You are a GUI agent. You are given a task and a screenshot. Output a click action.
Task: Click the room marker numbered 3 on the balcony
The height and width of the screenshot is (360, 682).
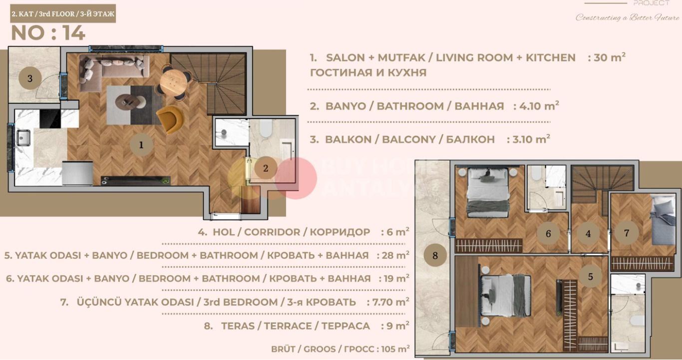30,78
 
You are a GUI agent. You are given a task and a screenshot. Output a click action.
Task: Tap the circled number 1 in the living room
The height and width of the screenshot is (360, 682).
141,145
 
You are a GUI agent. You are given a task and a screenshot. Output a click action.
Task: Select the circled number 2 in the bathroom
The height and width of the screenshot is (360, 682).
266,168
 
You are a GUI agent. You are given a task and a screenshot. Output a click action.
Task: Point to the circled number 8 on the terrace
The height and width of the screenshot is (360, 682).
435,256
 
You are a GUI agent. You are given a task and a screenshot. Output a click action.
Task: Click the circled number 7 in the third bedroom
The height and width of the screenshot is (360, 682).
627,233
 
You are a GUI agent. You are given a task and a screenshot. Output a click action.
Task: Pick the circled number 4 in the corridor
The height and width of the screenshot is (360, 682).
588,234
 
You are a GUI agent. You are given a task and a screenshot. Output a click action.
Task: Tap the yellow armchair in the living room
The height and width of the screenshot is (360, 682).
171,119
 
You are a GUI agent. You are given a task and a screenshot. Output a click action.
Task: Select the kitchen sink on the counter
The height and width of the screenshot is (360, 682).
23,137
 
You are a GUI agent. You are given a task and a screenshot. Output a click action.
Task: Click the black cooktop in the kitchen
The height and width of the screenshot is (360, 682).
50,119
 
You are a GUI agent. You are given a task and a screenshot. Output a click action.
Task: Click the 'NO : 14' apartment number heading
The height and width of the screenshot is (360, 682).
48,33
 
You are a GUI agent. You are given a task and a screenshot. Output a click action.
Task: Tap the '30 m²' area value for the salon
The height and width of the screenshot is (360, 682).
607,57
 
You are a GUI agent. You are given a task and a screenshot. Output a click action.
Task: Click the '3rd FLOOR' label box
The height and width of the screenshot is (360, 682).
63,14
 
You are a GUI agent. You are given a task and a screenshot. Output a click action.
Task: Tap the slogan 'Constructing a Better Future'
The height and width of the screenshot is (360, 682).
627,17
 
